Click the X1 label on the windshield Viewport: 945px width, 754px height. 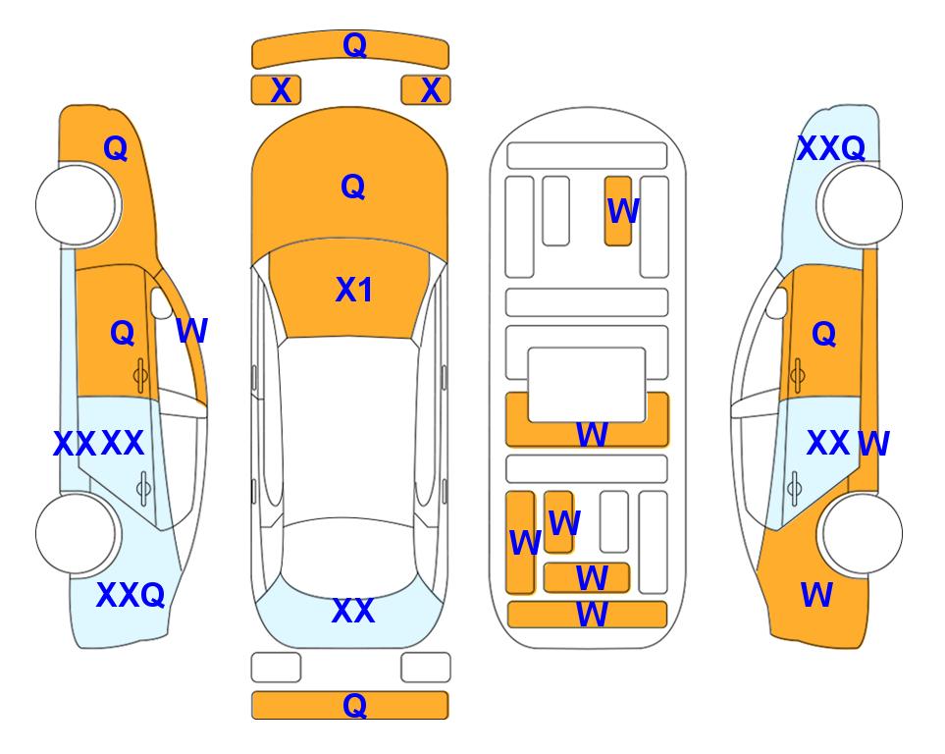tap(354, 290)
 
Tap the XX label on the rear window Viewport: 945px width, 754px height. tap(353, 611)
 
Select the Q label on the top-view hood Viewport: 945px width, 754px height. tap(353, 187)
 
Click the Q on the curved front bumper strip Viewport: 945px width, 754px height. tap(354, 45)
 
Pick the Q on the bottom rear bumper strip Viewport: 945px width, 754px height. tap(354, 705)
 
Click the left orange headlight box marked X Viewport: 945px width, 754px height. tap(276, 90)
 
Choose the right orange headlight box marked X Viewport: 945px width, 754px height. tap(426, 90)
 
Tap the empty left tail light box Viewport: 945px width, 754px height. tap(276, 668)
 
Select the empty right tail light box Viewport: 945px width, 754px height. tap(426, 668)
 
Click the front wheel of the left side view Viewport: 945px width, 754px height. tap(77, 205)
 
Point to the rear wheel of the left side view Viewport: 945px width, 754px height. tap(77, 533)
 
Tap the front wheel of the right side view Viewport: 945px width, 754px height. tap(862, 205)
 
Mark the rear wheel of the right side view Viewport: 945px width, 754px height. tap(862, 533)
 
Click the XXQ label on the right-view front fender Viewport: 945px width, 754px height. tap(831, 148)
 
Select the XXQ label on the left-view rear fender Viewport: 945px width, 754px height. tap(131, 595)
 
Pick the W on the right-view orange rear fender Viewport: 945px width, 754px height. tap(816, 594)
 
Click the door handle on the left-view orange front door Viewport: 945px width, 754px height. tap(141, 375)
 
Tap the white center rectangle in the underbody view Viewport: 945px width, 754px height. tap(587, 385)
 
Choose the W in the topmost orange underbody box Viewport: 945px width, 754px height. tap(623, 211)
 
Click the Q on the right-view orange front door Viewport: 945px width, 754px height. tap(824, 334)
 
